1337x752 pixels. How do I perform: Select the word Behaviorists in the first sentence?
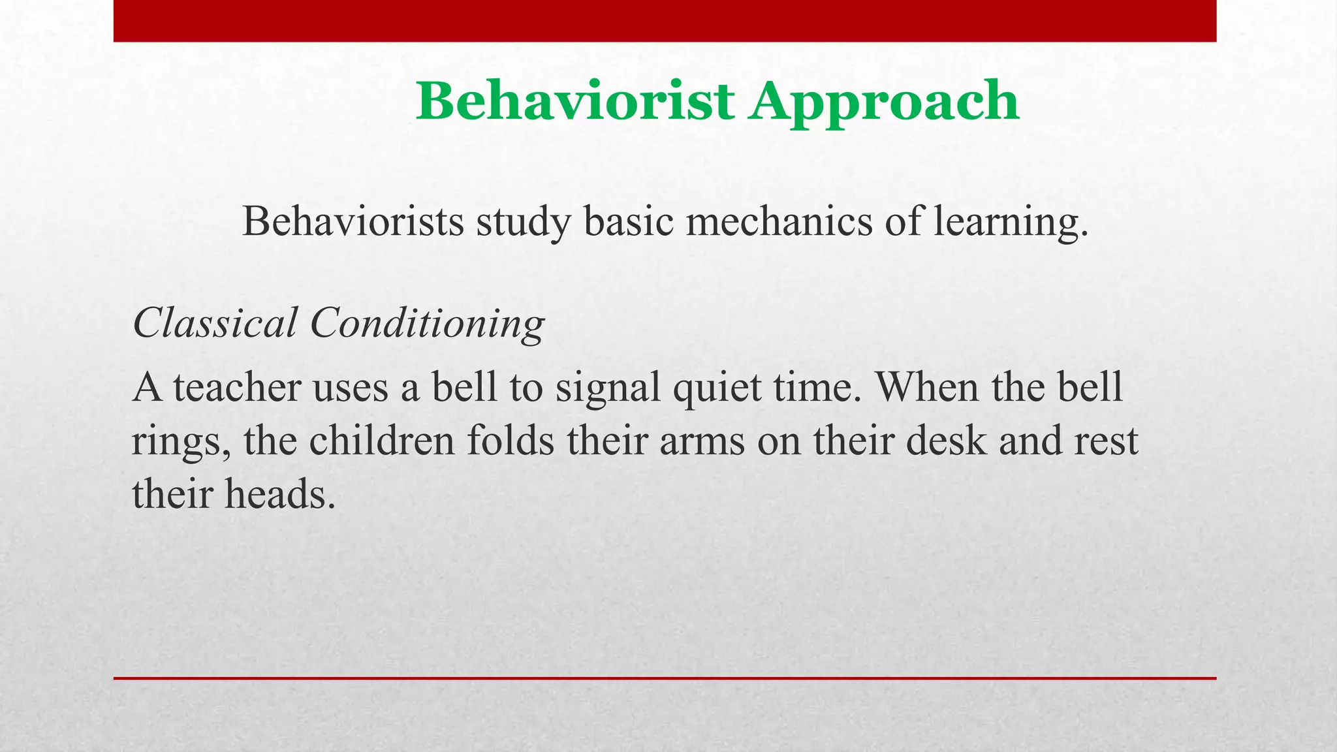tap(353, 221)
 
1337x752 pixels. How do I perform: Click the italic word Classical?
tap(215, 322)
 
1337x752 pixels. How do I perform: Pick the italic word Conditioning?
tap(427, 324)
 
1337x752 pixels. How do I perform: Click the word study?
tap(523, 223)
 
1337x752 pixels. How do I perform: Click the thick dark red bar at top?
tap(665, 21)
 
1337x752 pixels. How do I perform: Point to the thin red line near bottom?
tap(665, 678)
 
